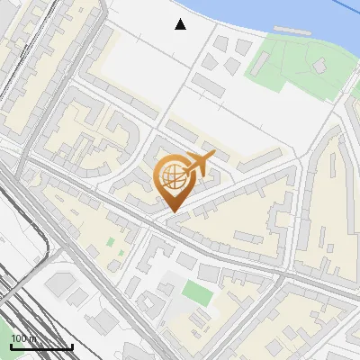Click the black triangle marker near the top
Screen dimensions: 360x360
coord(181,24)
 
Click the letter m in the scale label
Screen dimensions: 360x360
coord(33,338)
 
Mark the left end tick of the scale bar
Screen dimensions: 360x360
coord(10,346)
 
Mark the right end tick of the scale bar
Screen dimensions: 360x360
coord(72,346)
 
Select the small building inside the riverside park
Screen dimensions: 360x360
coord(318,66)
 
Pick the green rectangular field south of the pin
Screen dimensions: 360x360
coord(195,292)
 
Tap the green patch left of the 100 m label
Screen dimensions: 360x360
coord(4,335)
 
